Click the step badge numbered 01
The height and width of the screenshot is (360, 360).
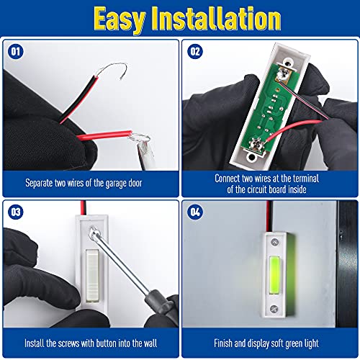16,52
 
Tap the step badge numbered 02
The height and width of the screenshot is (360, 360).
195,52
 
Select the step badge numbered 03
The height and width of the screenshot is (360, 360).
16,212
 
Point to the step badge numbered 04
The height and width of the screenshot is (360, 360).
195,212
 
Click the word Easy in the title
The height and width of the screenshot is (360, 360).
120,19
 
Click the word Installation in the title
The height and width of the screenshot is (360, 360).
217,18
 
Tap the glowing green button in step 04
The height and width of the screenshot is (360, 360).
274,275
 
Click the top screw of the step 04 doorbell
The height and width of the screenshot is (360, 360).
274,242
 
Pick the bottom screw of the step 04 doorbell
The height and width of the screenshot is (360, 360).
274,309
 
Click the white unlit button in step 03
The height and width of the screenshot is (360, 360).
92,275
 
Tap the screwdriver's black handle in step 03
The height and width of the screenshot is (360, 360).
160,304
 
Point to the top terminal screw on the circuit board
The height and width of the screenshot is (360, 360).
284,73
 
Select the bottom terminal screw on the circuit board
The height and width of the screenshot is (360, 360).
256,143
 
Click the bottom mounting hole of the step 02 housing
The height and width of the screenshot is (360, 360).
251,158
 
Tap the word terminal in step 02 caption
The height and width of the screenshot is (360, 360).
306,179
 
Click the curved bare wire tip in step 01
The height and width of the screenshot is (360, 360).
113,68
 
